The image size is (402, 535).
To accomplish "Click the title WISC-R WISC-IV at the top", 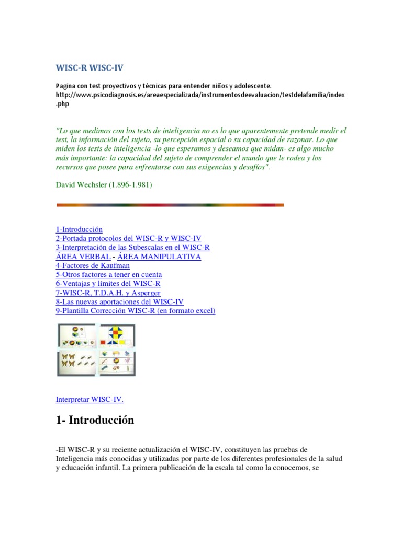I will pos(90,68).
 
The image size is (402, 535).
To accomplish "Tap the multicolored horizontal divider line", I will pos(170,205).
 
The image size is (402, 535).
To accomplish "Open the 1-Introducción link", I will pos(79,229).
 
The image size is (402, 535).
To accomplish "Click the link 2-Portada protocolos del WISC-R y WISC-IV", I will pos(128,238).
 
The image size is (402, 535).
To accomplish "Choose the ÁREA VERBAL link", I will pos(83,257).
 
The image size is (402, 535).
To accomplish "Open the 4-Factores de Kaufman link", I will pos(93,265).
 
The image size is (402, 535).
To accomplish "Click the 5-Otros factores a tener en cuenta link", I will pos(109,274).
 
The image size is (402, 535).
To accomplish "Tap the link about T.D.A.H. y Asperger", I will pos(108,293).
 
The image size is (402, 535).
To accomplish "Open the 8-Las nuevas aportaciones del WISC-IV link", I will pos(120,301).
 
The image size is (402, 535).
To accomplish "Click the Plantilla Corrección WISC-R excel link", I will pos(136,311).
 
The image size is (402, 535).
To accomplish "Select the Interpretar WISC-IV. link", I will pos(90,399).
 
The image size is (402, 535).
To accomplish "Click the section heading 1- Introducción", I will pos(95,420).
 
